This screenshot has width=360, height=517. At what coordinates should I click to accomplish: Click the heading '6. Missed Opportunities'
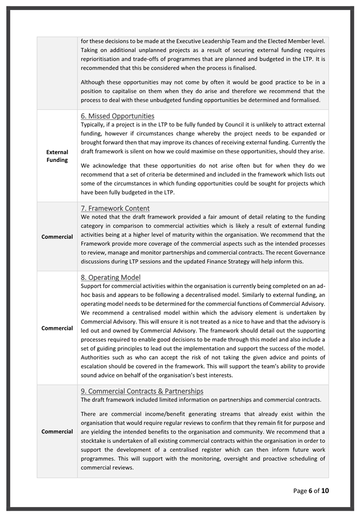click(117, 116)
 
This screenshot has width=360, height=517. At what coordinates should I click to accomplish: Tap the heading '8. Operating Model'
click(111, 277)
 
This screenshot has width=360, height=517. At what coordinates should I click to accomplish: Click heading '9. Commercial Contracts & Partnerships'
click(142, 391)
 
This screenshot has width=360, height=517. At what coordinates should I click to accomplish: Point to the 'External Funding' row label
click(57, 156)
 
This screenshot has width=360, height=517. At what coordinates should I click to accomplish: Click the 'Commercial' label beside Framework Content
click(57, 237)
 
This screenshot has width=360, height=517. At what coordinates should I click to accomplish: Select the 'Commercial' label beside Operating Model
click(57, 328)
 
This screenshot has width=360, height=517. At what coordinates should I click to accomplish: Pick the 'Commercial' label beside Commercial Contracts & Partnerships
click(57, 432)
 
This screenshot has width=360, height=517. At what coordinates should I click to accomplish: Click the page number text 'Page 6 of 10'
click(314, 491)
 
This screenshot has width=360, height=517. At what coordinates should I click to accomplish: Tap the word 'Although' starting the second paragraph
click(94, 82)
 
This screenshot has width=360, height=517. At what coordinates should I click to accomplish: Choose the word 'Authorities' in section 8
click(99, 357)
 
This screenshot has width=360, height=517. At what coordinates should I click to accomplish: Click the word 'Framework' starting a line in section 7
click(97, 243)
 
